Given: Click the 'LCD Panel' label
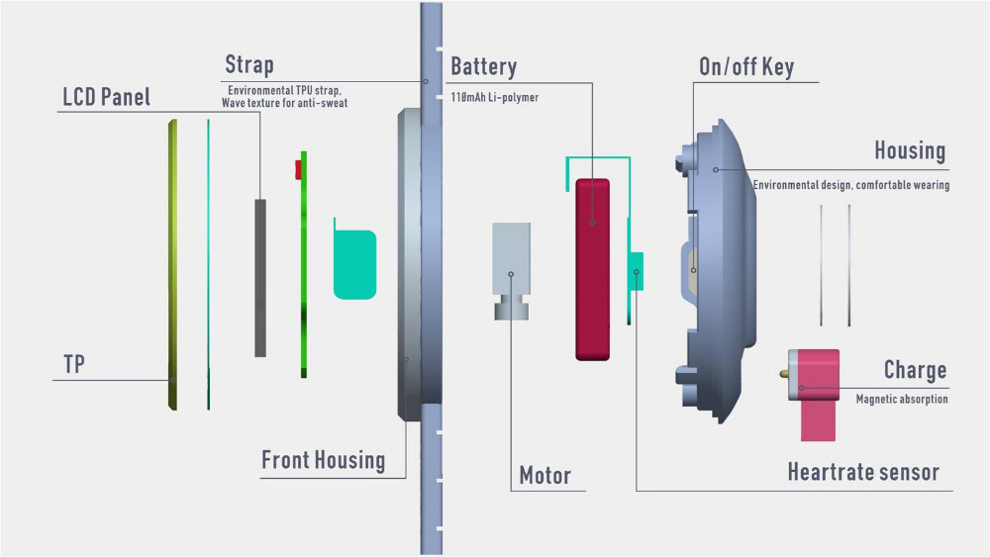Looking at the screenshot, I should [x=106, y=97].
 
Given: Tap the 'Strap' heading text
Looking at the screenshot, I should [x=249, y=65].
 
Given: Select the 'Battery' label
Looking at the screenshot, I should [x=483, y=66].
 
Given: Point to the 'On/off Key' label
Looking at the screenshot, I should [x=746, y=67].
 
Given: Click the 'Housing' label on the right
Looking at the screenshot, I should [x=910, y=150].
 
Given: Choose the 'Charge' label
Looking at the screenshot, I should [x=915, y=370].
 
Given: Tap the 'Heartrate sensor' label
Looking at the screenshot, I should [x=863, y=472].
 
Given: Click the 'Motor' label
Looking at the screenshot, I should [x=545, y=476].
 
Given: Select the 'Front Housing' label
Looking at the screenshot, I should [x=323, y=460].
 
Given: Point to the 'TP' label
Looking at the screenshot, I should [x=74, y=364].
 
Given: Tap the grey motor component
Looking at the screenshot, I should [x=511, y=267].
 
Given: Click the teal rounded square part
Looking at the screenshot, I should [x=354, y=264].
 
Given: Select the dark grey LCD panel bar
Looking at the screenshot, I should [x=260, y=277].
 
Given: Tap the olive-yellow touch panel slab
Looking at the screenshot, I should [x=172, y=265].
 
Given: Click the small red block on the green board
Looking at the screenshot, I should [x=297, y=170].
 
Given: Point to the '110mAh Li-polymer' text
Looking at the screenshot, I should [x=495, y=98].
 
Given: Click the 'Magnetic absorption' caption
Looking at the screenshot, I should [x=902, y=399].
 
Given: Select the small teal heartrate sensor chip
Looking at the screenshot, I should [x=637, y=271].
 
